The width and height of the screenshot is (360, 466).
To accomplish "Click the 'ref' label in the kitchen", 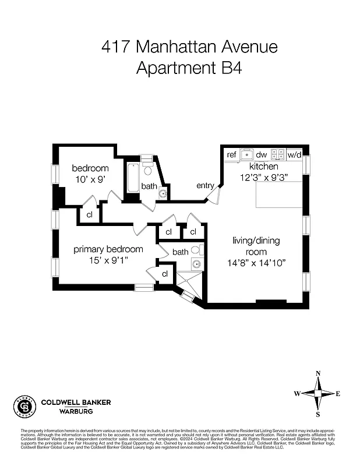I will (231, 154).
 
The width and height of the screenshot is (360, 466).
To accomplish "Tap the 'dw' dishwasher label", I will (262, 154).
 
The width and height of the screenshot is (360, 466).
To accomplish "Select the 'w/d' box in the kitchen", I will (294, 154).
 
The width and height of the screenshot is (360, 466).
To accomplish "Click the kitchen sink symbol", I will (247, 154).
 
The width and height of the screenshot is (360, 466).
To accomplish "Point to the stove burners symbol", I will (278, 154).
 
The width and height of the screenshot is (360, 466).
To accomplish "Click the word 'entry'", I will (205, 185).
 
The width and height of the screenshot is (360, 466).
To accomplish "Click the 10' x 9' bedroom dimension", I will (89, 179).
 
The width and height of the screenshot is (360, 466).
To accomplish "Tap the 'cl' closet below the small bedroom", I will (90, 214).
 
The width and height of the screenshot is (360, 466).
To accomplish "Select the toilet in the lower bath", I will (196, 250).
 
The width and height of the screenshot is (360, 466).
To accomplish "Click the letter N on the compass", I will (317, 374).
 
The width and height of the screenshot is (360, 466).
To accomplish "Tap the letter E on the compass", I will (338, 394).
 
